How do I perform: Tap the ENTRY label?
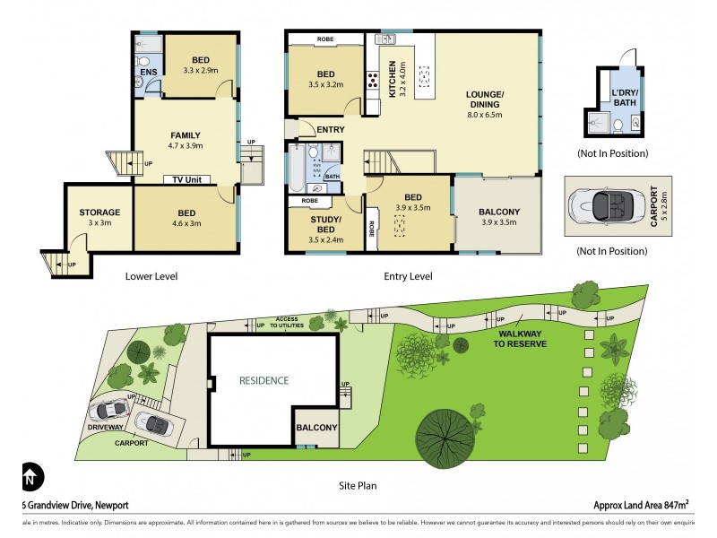coord(330,130)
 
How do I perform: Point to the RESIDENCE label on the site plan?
coord(263,380)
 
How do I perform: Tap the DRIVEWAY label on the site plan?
coord(107,428)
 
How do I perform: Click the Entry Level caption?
coord(408,276)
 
